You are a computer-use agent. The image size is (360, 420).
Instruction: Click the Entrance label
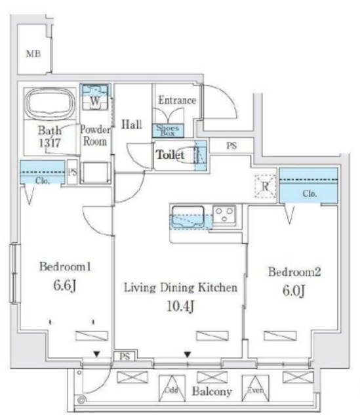(177, 100)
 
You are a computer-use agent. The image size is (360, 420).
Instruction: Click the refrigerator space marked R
(266, 186)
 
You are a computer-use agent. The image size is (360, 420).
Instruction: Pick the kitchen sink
(188, 215)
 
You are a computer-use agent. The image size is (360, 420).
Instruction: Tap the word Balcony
(212, 392)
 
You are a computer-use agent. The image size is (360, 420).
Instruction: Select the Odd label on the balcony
(170, 390)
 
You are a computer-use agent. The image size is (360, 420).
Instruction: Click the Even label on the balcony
(254, 390)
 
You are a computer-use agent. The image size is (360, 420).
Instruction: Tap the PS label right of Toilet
(231, 146)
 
